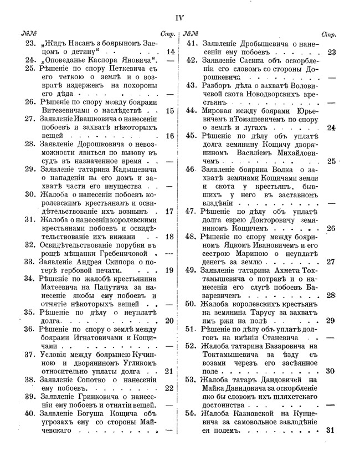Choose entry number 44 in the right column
click(x=192, y=110)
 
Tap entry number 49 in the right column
click(x=192, y=270)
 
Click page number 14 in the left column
click(x=170, y=51)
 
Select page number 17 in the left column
click(x=170, y=211)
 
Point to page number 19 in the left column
click(x=170, y=270)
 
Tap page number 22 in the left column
click(x=170, y=388)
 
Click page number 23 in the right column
click(x=332, y=53)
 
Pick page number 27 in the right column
click(x=332, y=262)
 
